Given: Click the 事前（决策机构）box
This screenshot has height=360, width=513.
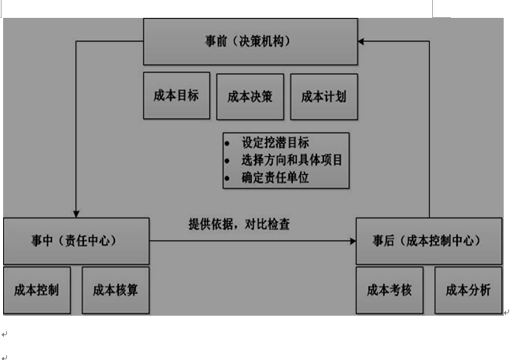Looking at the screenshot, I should click(x=250, y=41).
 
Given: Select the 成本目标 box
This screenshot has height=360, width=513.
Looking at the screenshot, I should click(x=176, y=96).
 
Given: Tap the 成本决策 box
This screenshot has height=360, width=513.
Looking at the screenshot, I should click(x=250, y=96).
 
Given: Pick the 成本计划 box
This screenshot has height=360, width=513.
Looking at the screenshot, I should click(x=323, y=96).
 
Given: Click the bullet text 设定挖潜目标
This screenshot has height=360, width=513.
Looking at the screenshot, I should click(x=275, y=142).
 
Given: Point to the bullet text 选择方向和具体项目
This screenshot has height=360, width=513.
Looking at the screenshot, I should click(x=291, y=160).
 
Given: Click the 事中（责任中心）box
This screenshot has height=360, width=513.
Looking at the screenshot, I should click(x=76, y=241).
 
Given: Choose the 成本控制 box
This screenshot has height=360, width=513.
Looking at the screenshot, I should click(x=37, y=290).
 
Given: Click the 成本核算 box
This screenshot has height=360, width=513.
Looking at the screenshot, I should click(x=115, y=290).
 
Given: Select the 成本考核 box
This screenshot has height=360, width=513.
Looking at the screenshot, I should click(x=389, y=290).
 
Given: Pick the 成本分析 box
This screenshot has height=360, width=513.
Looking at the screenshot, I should click(x=468, y=290).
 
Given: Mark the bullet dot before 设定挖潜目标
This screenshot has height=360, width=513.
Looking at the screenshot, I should click(x=227, y=143).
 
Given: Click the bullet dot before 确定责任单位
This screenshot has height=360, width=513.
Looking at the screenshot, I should click(x=227, y=178).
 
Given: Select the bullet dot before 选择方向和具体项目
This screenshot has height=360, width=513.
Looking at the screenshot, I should click(x=227, y=161).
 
